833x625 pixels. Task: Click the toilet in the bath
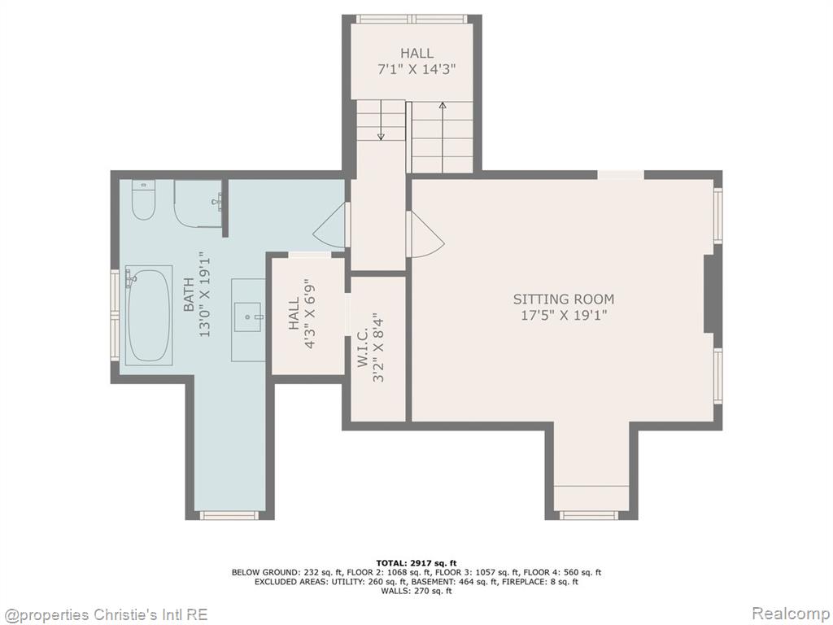(143, 200)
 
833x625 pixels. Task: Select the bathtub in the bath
(149, 315)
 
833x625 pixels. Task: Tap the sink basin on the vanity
(248, 317)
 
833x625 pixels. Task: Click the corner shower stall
(198, 203)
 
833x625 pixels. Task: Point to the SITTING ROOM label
(563, 299)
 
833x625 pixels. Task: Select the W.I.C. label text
(363, 347)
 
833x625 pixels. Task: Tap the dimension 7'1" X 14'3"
(417, 69)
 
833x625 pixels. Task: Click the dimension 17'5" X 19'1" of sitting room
(563, 315)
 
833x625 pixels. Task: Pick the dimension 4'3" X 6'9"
(311, 317)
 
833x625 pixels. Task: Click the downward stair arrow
(381, 121)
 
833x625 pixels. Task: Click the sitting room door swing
(425, 234)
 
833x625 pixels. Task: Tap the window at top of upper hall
(412, 20)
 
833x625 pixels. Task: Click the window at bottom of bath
(229, 515)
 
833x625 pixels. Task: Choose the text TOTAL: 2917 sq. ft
(416, 563)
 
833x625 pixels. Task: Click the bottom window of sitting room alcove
(590, 515)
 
